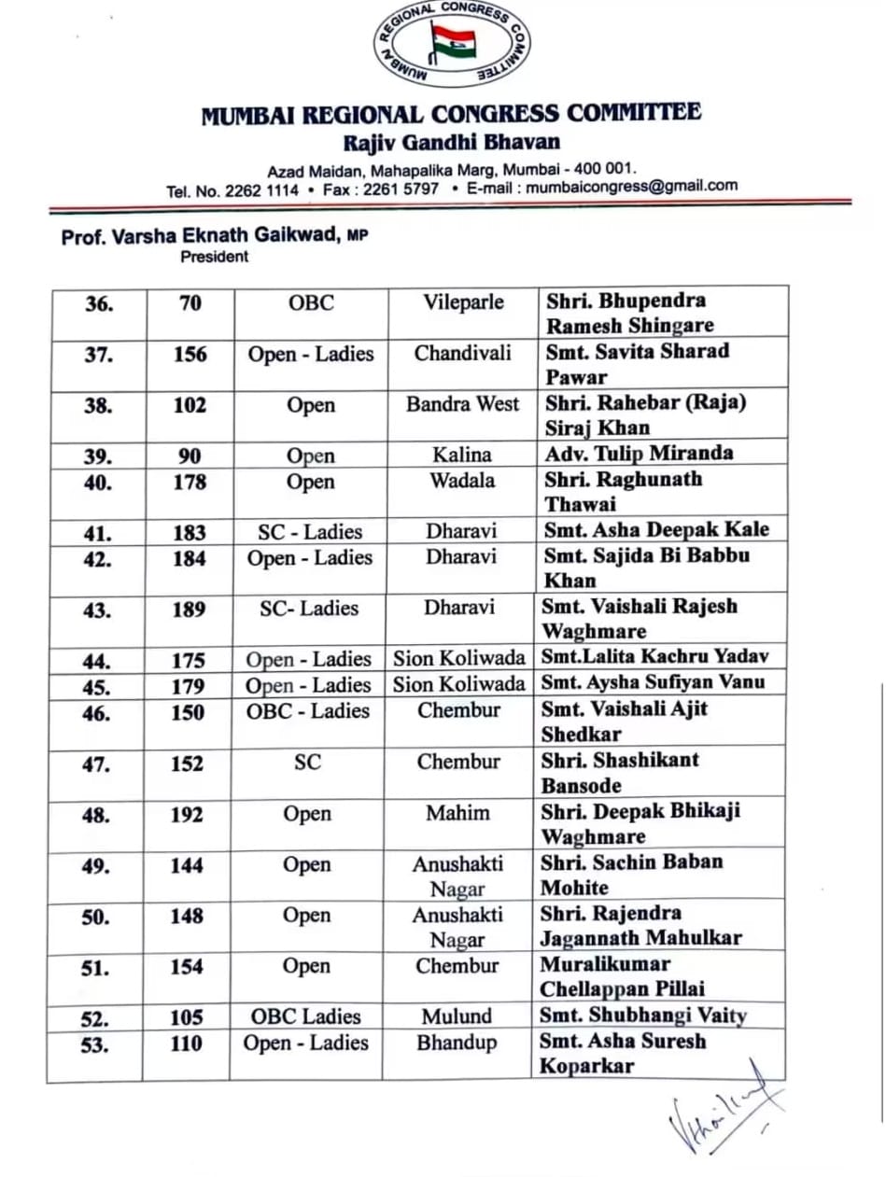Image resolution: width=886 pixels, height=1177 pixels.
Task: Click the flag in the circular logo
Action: coord(453,41)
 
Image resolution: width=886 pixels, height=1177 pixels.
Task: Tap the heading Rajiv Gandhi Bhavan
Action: coord(452,143)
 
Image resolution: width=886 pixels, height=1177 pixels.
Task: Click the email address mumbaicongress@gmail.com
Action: coord(632,186)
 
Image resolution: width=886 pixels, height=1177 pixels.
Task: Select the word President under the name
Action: coord(215,258)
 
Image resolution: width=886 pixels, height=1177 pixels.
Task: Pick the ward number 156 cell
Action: coord(189,355)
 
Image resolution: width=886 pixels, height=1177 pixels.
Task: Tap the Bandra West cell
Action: coord(462,405)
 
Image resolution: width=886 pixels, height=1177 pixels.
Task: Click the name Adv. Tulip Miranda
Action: coord(640,454)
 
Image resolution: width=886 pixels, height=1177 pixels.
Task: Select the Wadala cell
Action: coord(462,482)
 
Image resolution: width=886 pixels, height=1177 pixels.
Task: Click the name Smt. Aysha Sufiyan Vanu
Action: coord(653,682)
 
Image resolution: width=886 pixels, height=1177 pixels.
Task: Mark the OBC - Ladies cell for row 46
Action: coord(308,711)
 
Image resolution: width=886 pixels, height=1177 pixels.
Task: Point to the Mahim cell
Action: coord(457,813)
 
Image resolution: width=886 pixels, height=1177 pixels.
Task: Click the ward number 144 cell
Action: coord(187,866)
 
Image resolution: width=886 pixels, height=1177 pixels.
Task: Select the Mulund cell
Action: coord(457,1016)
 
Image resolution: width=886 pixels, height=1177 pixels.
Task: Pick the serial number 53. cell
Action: coord(95,1044)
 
